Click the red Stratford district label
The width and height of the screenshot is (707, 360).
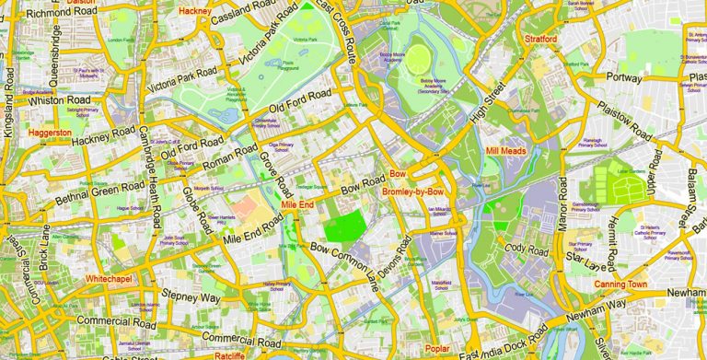click(540, 40)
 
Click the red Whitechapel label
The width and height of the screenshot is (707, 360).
click(110, 277)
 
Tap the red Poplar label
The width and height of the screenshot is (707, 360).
click(438, 349)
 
